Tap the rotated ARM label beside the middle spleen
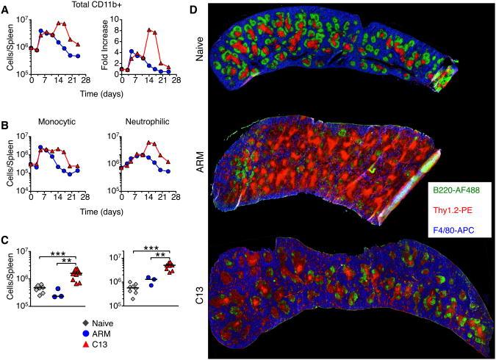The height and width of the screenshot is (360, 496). (x=199, y=176)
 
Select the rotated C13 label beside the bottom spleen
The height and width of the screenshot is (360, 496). (x=199, y=298)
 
